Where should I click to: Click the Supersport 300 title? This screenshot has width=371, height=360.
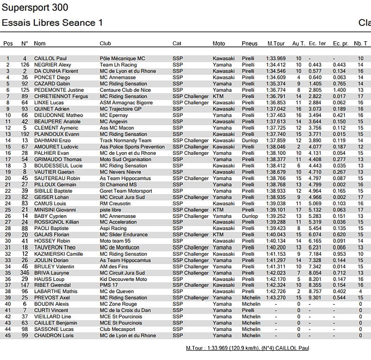(35, 8)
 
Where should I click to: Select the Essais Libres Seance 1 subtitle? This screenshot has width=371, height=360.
(52, 23)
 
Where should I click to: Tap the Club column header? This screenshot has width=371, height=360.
(105, 44)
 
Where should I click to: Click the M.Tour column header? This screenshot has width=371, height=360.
(276, 44)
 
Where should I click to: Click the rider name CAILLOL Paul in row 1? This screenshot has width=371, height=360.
(51, 58)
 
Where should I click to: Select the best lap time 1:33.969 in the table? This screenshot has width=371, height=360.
(276, 58)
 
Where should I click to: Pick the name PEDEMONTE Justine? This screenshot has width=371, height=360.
(59, 90)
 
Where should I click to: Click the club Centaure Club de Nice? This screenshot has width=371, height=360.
(126, 90)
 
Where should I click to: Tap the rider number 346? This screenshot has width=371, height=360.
(25, 273)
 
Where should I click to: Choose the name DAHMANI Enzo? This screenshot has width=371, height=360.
(52, 140)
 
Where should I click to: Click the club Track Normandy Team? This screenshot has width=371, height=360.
(125, 140)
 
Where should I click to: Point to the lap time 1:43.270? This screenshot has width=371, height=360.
(276, 298)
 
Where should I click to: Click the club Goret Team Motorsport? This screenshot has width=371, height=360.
(126, 191)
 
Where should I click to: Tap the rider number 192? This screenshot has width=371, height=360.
(25, 134)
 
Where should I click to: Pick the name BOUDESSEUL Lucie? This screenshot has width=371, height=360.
(58, 165)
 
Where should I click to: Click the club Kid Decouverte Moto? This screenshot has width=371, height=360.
(123, 279)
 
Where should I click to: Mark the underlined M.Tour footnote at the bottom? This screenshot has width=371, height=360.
(247, 348)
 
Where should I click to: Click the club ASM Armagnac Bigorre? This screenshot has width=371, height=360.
(126, 102)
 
